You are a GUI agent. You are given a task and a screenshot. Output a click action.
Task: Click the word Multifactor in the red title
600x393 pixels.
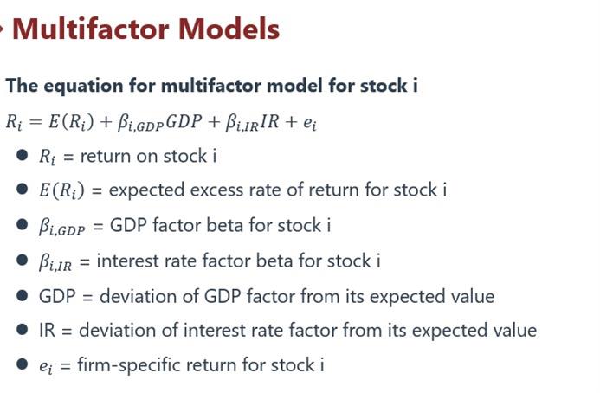pyautogui.click(x=91, y=29)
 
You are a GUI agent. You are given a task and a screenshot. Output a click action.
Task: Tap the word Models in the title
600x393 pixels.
pyautogui.click(x=229, y=29)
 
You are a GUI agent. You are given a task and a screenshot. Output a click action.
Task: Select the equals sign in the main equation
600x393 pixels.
pyautogui.click(x=35, y=122)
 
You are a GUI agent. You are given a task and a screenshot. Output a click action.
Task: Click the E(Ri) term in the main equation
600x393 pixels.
pyautogui.click(x=71, y=122)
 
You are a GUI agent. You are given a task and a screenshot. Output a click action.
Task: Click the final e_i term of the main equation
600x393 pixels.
pyautogui.click(x=310, y=123)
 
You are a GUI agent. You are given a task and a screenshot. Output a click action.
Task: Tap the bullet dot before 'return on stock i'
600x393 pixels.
pyautogui.click(x=23, y=155)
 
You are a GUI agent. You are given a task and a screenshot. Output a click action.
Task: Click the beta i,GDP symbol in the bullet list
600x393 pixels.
pyautogui.click(x=61, y=226)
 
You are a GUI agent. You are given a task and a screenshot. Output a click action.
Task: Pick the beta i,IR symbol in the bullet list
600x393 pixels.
pyautogui.click(x=55, y=262)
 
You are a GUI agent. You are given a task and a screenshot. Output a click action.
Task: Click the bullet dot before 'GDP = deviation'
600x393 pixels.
pyautogui.click(x=23, y=296)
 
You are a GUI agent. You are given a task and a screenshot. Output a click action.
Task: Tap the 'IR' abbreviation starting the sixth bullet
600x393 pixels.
pyautogui.click(x=47, y=331)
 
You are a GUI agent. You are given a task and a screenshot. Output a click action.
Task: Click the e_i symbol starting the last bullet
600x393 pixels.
pyautogui.click(x=46, y=366)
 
